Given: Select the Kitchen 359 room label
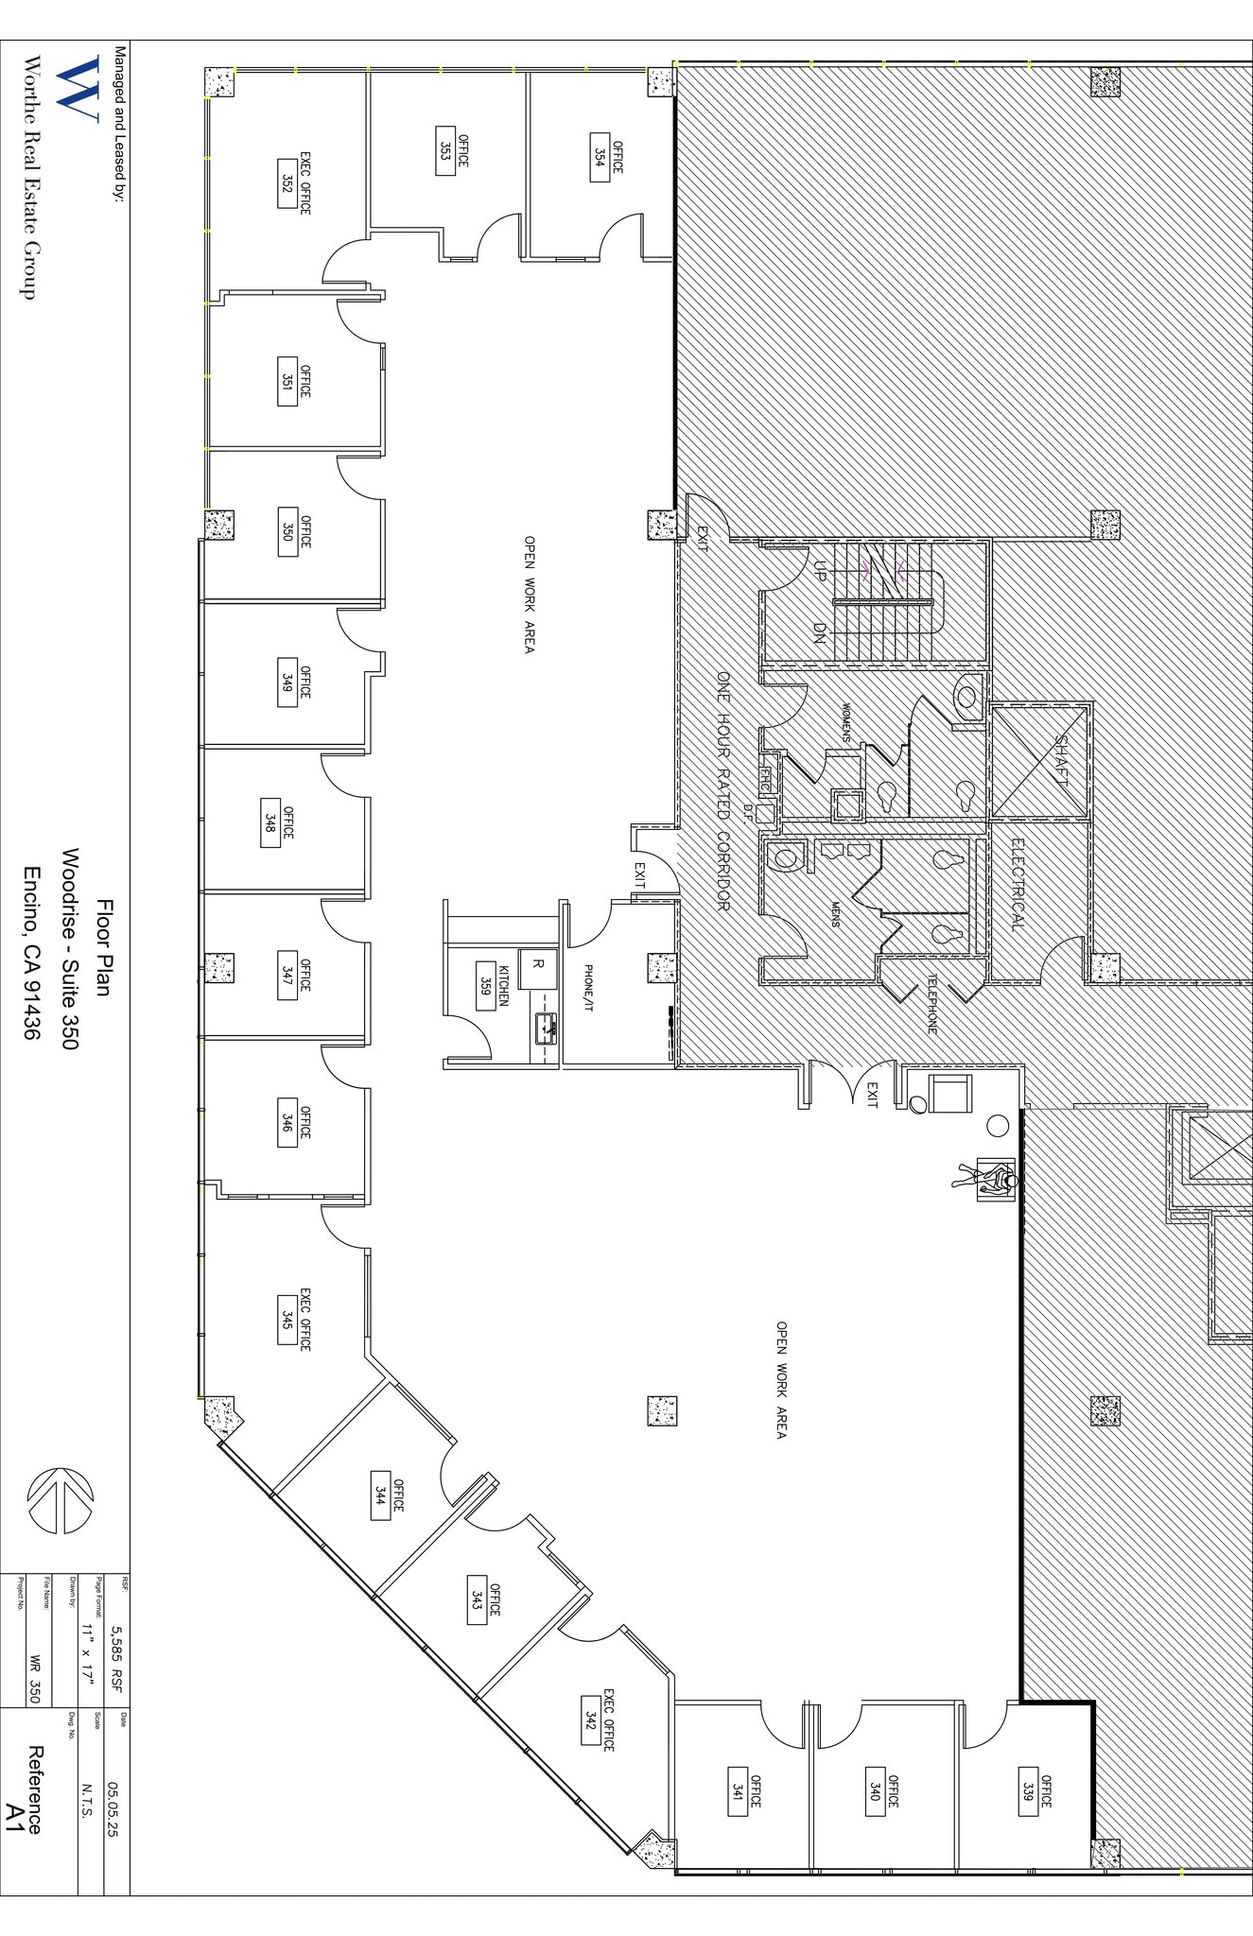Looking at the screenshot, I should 486,987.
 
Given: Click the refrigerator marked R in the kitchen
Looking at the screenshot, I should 538,963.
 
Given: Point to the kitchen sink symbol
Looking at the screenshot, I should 546,1028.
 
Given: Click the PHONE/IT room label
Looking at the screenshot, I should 587,988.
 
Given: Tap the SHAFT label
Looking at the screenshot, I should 1061,761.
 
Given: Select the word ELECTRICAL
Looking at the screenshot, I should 1017,884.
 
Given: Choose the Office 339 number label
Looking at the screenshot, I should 1027,1791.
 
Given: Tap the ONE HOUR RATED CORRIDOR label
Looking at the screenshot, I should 723,792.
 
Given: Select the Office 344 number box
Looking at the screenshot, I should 380,1495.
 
